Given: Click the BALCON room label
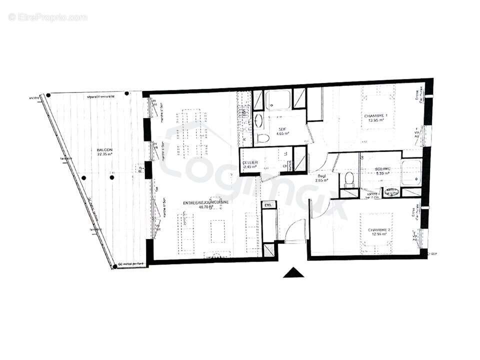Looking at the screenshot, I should coord(104,150).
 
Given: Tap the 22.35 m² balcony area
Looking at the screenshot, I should coord(105,155).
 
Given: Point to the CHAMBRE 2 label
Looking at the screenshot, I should coord(378,230).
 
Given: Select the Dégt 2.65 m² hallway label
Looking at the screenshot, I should coord(320,179).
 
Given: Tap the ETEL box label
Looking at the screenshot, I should coord(268,205).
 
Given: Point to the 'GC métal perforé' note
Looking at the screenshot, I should coord(131,263).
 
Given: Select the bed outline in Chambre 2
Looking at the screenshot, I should coord(378,229).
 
